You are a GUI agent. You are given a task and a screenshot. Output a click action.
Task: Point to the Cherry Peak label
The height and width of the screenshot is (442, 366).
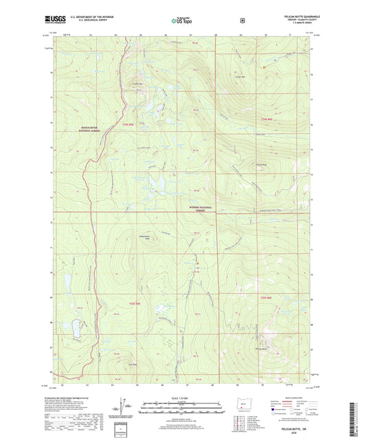point(262,164)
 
